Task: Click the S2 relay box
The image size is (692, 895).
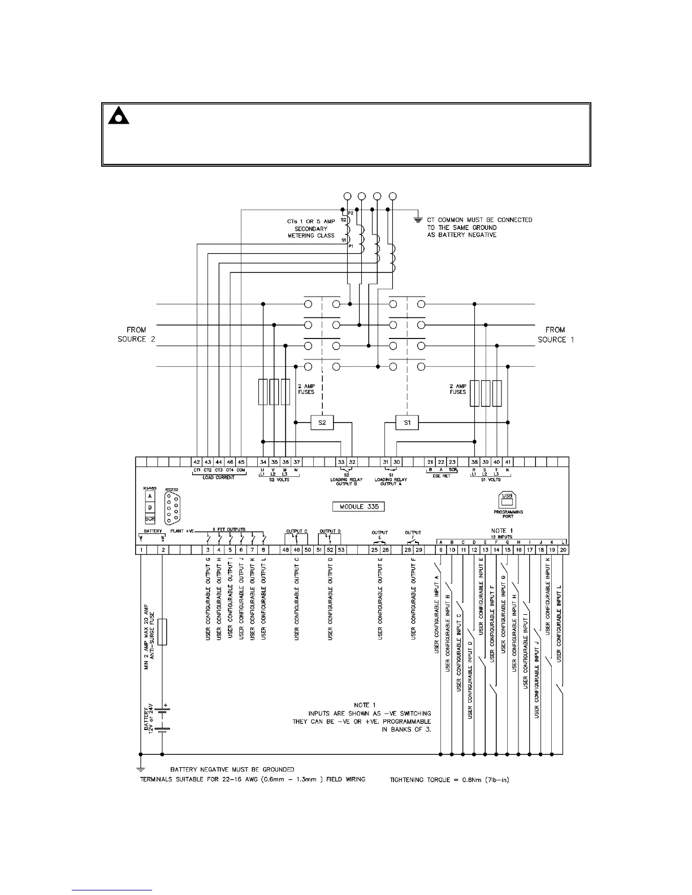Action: tap(322, 423)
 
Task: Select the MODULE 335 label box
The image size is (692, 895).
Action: tap(359, 506)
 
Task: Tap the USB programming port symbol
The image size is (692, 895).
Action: tap(507, 499)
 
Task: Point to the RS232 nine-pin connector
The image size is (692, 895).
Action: tap(171, 509)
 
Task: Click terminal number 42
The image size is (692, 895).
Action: tap(197, 462)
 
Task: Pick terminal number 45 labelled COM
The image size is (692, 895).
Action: tap(241, 462)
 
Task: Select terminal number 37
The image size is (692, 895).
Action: tap(296, 462)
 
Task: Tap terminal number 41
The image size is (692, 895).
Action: tap(508, 462)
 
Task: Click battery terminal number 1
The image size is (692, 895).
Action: tap(140, 550)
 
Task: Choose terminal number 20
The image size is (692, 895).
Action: tap(563, 550)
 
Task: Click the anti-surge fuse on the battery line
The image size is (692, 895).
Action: tap(162, 632)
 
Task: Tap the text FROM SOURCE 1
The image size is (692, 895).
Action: tap(556, 334)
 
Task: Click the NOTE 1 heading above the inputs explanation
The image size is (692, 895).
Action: tap(362, 705)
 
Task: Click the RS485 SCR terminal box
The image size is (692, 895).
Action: tap(150, 518)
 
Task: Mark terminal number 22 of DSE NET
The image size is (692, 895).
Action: tap(441, 462)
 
